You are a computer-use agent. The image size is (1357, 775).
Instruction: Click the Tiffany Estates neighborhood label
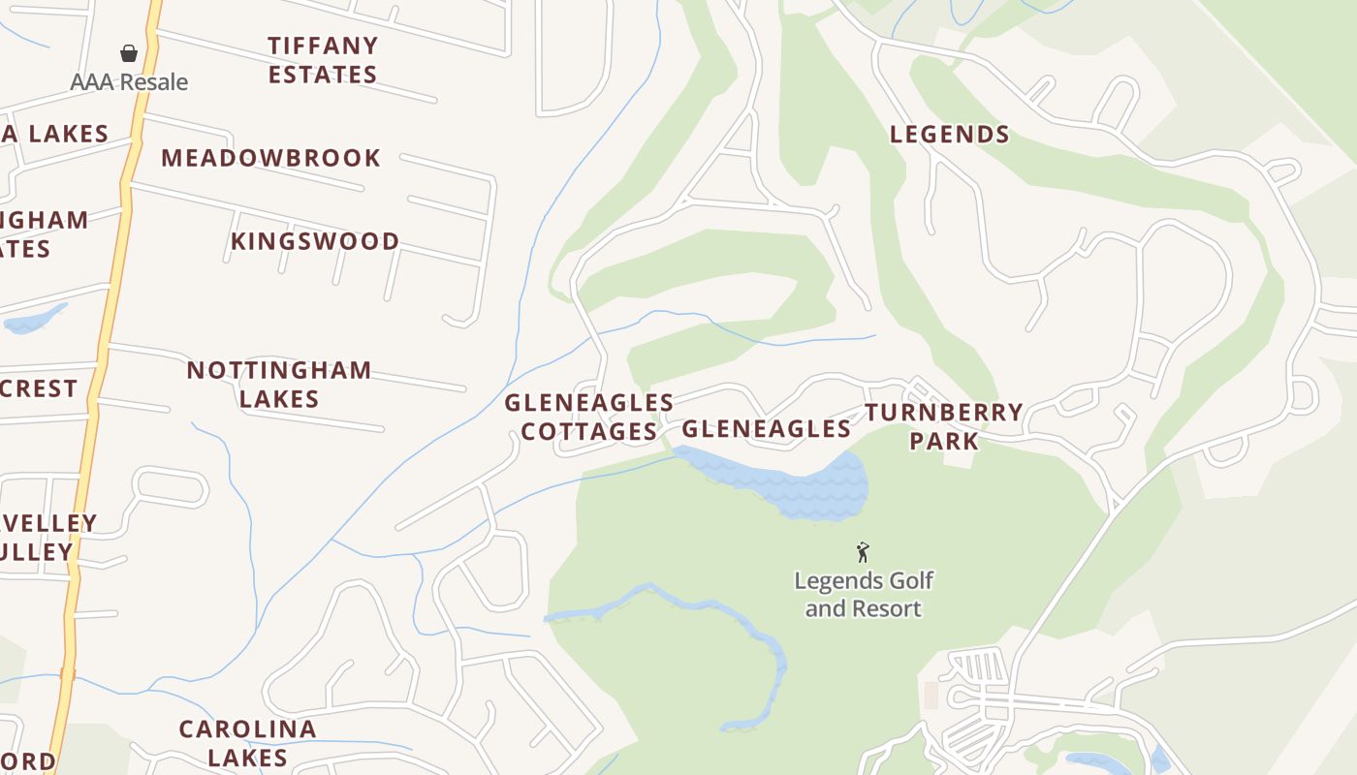click(x=323, y=59)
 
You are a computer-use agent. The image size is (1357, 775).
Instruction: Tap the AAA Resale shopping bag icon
click(x=129, y=52)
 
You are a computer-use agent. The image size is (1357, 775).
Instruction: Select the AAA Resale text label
click(x=129, y=82)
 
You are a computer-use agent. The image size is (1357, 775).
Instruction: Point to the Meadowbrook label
click(x=271, y=158)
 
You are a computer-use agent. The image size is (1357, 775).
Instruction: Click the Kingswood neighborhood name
click(x=315, y=241)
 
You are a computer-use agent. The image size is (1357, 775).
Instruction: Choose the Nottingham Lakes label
click(x=279, y=384)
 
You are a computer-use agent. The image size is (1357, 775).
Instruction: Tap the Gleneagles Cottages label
click(x=589, y=417)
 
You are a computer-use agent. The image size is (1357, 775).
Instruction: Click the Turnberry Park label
click(x=944, y=426)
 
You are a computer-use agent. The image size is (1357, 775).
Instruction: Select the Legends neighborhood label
click(x=950, y=135)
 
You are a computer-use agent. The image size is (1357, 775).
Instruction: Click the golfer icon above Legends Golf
click(x=863, y=552)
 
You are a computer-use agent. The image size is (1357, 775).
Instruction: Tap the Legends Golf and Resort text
click(x=864, y=595)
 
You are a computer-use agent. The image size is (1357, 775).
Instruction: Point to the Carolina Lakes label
click(x=248, y=742)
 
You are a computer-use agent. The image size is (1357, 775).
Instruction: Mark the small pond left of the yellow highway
click(x=34, y=320)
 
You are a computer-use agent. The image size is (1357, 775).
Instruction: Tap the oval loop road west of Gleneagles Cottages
click(x=171, y=487)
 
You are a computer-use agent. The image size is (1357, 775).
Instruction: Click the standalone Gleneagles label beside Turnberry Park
click(x=767, y=428)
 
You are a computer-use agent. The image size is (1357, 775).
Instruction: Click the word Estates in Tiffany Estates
click(x=323, y=75)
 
